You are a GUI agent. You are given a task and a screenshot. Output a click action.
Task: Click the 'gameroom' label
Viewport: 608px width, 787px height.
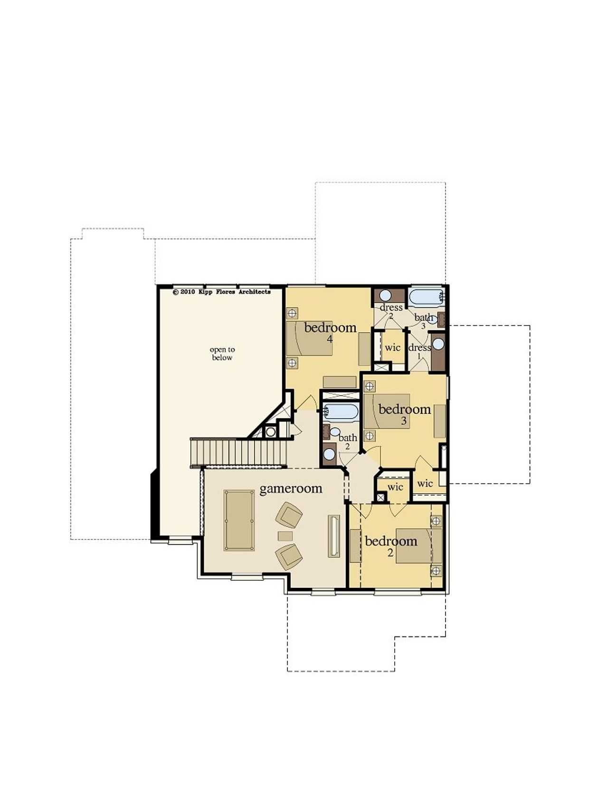pyautogui.click(x=291, y=489)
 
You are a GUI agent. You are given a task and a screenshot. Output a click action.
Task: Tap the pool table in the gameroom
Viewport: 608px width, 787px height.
pyautogui.click(x=239, y=520)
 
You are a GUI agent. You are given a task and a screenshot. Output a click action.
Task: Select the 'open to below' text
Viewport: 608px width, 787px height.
pyautogui.click(x=222, y=354)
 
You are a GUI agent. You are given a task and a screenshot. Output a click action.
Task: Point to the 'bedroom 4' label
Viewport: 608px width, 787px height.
pyautogui.click(x=330, y=332)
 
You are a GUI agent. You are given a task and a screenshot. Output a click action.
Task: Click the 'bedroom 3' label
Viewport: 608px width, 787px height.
pyautogui.click(x=405, y=413)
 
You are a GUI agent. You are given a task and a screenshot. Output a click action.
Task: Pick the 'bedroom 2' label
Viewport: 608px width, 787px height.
pyautogui.click(x=391, y=546)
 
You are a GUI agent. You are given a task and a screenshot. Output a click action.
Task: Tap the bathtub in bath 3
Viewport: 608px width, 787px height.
pyautogui.click(x=426, y=297)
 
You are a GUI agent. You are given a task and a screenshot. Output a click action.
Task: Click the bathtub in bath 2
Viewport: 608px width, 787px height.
pyautogui.click(x=341, y=412)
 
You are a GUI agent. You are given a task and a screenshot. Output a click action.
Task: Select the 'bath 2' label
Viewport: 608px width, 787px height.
pyautogui.click(x=348, y=441)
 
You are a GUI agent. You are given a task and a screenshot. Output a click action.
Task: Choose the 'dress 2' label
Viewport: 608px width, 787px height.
pyautogui.click(x=391, y=311)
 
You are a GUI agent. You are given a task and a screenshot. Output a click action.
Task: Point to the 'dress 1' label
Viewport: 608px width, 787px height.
pyautogui.click(x=419, y=351)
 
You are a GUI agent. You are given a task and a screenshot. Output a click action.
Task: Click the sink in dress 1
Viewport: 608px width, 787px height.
pyautogui.click(x=438, y=344)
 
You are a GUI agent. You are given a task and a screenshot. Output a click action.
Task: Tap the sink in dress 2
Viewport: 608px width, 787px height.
pyautogui.click(x=386, y=296)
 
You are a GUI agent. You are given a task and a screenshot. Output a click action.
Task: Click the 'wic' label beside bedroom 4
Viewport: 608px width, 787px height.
pyautogui.click(x=392, y=347)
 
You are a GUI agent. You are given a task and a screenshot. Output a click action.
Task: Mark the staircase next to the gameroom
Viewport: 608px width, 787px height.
pyautogui.click(x=239, y=452)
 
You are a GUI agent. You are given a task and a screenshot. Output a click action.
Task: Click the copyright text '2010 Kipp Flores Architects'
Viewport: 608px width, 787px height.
pyautogui.click(x=222, y=292)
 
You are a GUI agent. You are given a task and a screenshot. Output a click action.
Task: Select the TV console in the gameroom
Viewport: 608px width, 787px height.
pyautogui.click(x=333, y=536)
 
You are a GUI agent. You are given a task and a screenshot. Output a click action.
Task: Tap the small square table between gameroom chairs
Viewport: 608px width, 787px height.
pyautogui.click(x=285, y=536)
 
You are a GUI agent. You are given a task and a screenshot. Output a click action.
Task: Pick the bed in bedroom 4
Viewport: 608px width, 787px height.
pyautogui.click(x=309, y=338)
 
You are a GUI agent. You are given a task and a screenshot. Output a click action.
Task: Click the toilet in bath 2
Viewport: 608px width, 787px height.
pyautogui.click(x=335, y=432)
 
